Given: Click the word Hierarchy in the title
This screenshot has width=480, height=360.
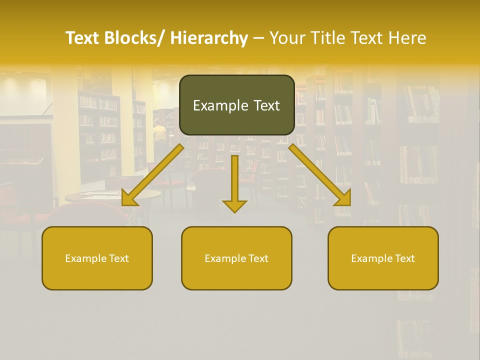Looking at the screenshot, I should point(209,38).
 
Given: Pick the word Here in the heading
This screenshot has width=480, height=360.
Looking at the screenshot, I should point(407,38).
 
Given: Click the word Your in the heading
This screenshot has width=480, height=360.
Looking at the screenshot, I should point(286,38).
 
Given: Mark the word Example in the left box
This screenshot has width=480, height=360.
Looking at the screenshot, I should point(85,258).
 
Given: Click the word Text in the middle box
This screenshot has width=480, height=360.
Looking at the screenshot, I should point(257,258).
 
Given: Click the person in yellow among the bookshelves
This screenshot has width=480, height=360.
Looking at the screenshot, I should point(159,132).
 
